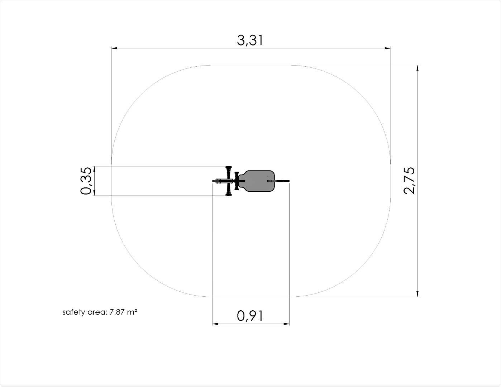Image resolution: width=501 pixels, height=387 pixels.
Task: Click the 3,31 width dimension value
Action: point(250,40)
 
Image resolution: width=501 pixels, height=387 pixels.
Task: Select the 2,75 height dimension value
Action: point(409,181)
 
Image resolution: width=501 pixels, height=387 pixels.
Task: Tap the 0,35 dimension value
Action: point(86,181)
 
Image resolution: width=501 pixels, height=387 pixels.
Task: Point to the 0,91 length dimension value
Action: point(250,316)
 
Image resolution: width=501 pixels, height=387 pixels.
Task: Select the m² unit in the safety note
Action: point(132,312)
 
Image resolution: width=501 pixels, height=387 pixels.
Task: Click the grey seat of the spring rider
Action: point(256,181)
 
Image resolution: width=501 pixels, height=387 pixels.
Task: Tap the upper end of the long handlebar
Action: point(229,167)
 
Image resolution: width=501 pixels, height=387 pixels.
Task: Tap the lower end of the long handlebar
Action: point(229,195)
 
